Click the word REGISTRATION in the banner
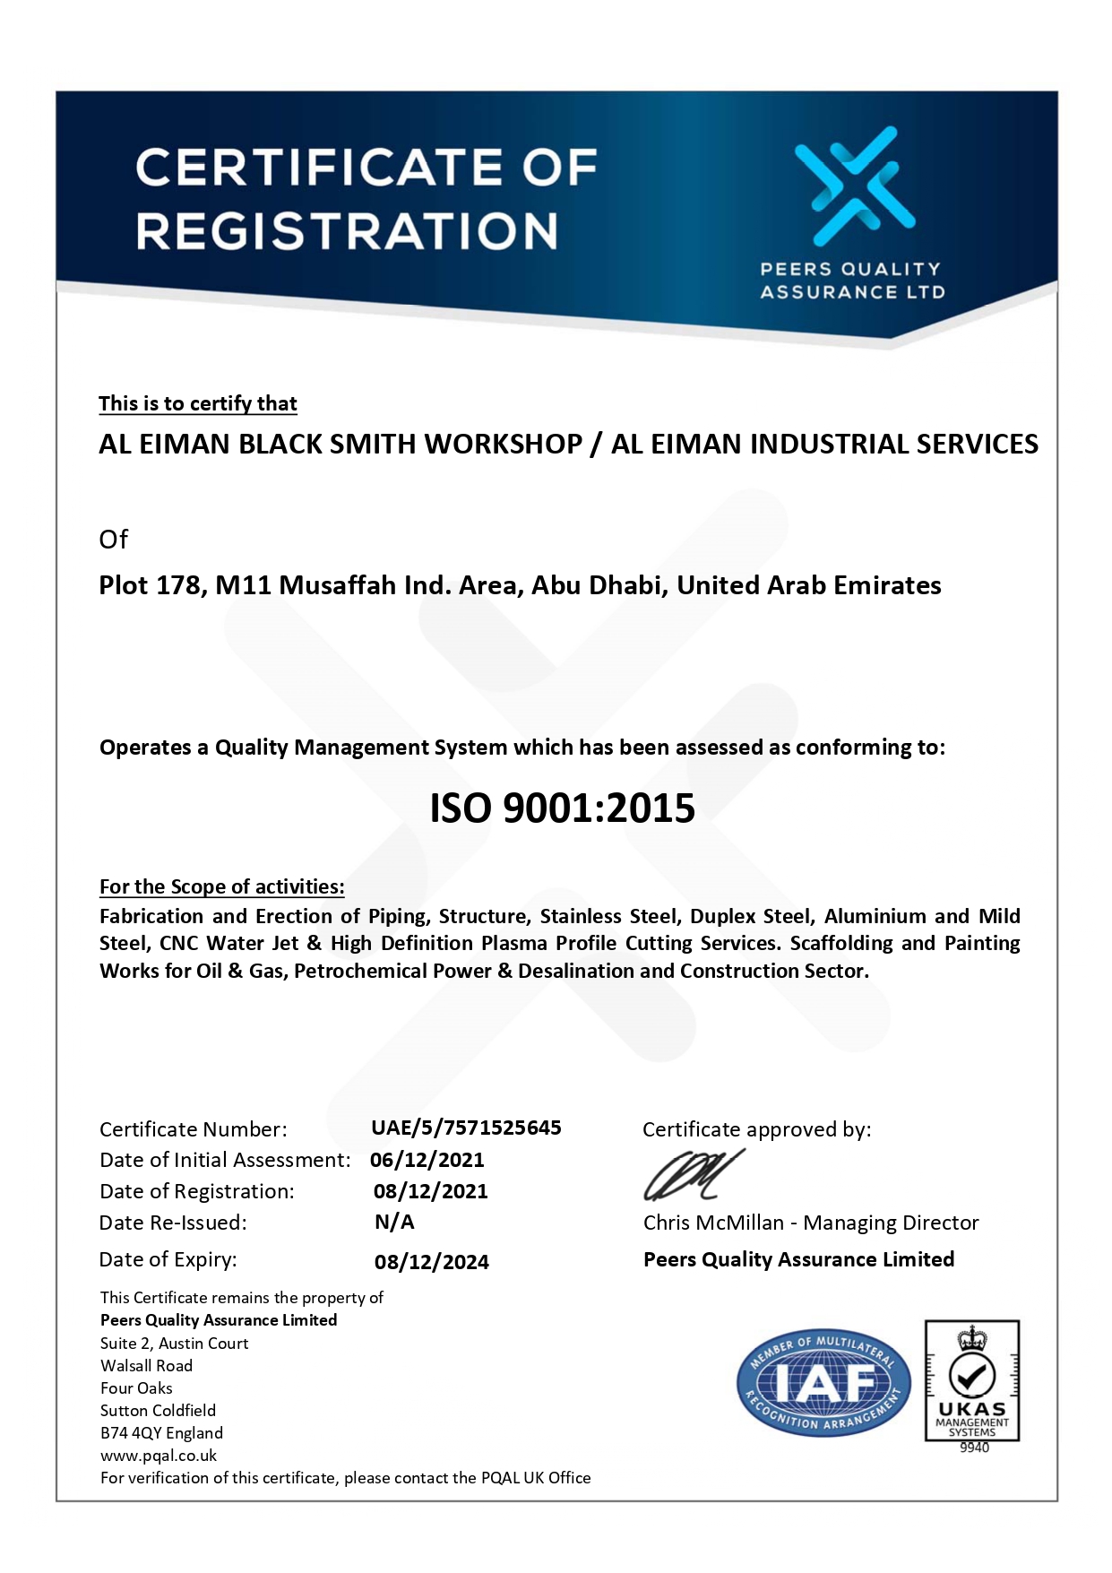[347, 230]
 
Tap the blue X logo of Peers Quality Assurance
[854, 186]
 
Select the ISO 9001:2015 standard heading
[562, 808]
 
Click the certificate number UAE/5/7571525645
[466, 1128]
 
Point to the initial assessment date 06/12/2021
[427, 1160]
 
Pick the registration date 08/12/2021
[430, 1191]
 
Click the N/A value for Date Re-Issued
[394, 1223]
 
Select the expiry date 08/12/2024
[431, 1262]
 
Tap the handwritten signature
[693, 1175]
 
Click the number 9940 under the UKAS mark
[974, 1448]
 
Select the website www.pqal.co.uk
[159, 1456]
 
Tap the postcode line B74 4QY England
[161, 1433]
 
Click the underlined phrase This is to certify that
[197, 403]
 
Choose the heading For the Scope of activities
[221, 886]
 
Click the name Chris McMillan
[713, 1223]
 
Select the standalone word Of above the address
[113, 540]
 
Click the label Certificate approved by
[756, 1129]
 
